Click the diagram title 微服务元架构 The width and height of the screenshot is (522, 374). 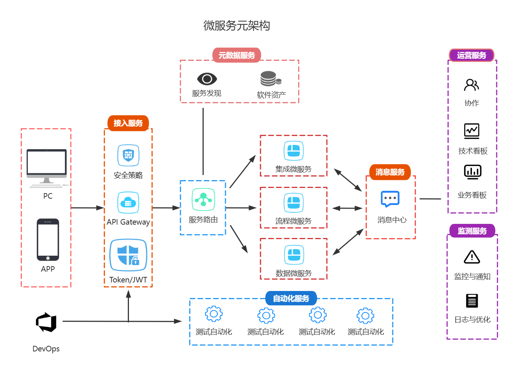click(237, 26)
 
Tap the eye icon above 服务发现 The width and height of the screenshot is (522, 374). click(207, 79)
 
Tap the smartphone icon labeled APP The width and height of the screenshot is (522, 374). click(48, 239)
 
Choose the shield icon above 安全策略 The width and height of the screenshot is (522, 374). click(128, 155)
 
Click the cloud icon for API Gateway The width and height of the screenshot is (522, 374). click(128, 203)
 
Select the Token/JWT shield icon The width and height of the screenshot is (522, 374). click(128, 255)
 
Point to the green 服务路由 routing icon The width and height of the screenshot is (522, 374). click(203, 199)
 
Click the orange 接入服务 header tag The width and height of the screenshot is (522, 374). click(128, 123)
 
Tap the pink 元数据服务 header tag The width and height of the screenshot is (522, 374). click(237, 55)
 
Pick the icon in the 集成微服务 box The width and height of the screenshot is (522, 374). click(293, 151)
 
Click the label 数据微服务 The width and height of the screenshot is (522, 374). click(293, 273)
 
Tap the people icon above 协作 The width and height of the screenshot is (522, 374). click(471, 85)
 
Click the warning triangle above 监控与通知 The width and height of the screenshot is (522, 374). click(472, 257)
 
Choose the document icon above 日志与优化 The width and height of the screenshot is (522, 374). click(472, 301)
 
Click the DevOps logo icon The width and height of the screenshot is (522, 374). click(46, 322)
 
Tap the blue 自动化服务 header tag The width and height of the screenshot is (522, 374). click(291, 298)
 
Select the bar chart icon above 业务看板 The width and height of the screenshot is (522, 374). click(472, 172)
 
